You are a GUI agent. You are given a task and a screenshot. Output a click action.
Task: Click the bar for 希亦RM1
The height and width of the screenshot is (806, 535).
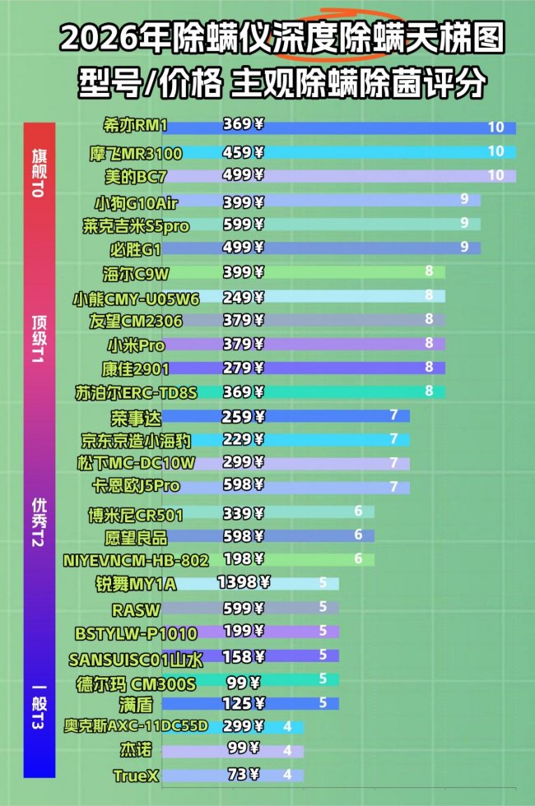click(x=370, y=127)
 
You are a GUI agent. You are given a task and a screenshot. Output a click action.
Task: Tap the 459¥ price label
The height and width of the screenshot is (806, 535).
click(x=243, y=152)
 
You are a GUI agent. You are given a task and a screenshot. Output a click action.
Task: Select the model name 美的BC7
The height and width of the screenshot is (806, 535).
click(x=130, y=175)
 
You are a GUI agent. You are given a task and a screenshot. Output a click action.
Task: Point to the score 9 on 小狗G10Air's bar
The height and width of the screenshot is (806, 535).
click(x=464, y=199)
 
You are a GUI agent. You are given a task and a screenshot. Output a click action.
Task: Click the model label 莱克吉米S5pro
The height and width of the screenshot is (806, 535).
click(x=136, y=225)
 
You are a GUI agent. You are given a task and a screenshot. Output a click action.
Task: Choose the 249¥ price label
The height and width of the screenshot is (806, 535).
click(x=243, y=296)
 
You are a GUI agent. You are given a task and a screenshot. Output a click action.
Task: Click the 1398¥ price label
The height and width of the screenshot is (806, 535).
click(x=244, y=583)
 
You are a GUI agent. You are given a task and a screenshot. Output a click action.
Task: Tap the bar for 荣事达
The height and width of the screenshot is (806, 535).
click(x=329, y=416)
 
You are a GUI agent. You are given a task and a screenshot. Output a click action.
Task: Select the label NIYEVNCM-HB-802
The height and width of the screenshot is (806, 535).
click(x=136, y=560)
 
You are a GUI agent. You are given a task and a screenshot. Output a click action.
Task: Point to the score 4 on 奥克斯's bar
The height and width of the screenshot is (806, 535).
click(x=287, y=726)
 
